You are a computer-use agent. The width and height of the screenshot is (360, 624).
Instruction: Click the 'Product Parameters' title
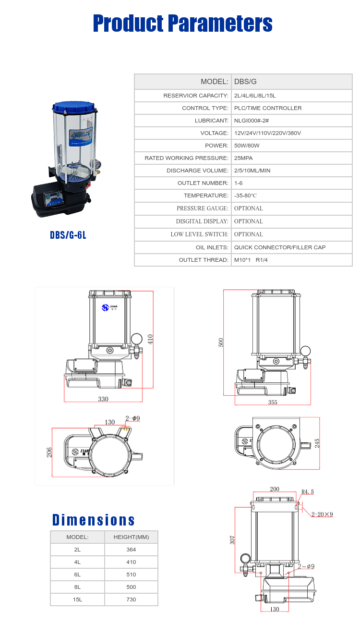(x=183, y=24)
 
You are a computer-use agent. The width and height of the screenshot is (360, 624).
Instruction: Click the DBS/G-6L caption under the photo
(x=68, y=235)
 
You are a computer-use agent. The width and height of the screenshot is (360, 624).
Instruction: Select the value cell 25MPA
(x=243, y=158)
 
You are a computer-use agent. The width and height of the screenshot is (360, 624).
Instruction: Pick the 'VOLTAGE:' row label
(x=214, y=133)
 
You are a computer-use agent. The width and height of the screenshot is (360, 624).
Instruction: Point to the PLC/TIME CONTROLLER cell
(x=268, y=108)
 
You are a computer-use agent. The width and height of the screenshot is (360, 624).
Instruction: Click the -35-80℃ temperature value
(x=245, y=196)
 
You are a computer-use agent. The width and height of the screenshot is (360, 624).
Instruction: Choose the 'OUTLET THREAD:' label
(x=204, y=260)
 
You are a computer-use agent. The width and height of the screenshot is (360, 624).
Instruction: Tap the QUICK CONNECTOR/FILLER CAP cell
(x=280, y=247)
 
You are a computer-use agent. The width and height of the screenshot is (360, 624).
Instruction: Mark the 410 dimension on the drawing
(x=150, y=339)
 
